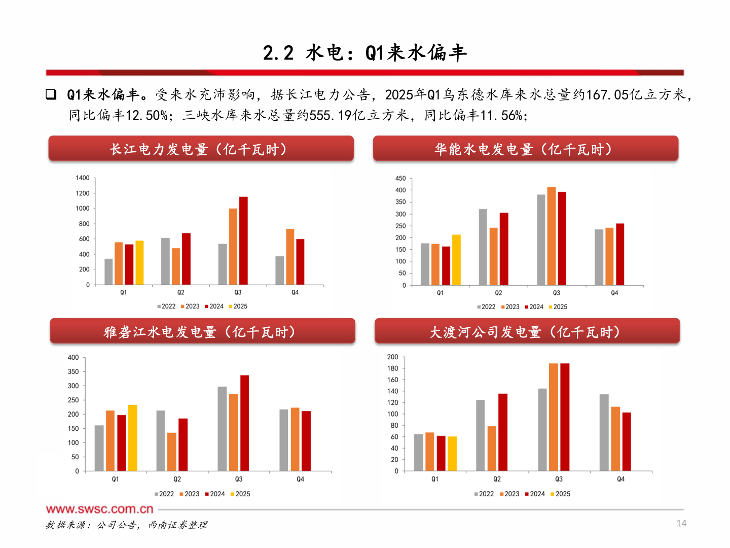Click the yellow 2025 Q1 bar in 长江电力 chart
coord(139,263)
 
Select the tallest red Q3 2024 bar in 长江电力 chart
coord(243,241)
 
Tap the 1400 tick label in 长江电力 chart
coord(83,178)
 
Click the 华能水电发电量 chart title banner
coord(525,149)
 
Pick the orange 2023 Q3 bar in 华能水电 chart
coord(552,236)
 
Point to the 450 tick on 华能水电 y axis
coord(400,179)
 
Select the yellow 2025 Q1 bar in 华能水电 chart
coord(456,260)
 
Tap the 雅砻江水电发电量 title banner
coord(202,331)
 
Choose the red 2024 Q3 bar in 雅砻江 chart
coord(244,423)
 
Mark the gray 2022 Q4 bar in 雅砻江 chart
coord(284,440)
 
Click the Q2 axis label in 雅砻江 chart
coord(177,479)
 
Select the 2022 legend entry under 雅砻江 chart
coord(164,494)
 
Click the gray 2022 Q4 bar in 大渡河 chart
coord(604,433)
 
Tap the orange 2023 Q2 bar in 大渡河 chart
coord(492,449)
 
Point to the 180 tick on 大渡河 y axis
coord(393,368)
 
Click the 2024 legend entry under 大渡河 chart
coord(535,494)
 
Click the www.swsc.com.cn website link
coord(99,509)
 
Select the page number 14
coord(681,524)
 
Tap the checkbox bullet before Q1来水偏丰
coord(51,94)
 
